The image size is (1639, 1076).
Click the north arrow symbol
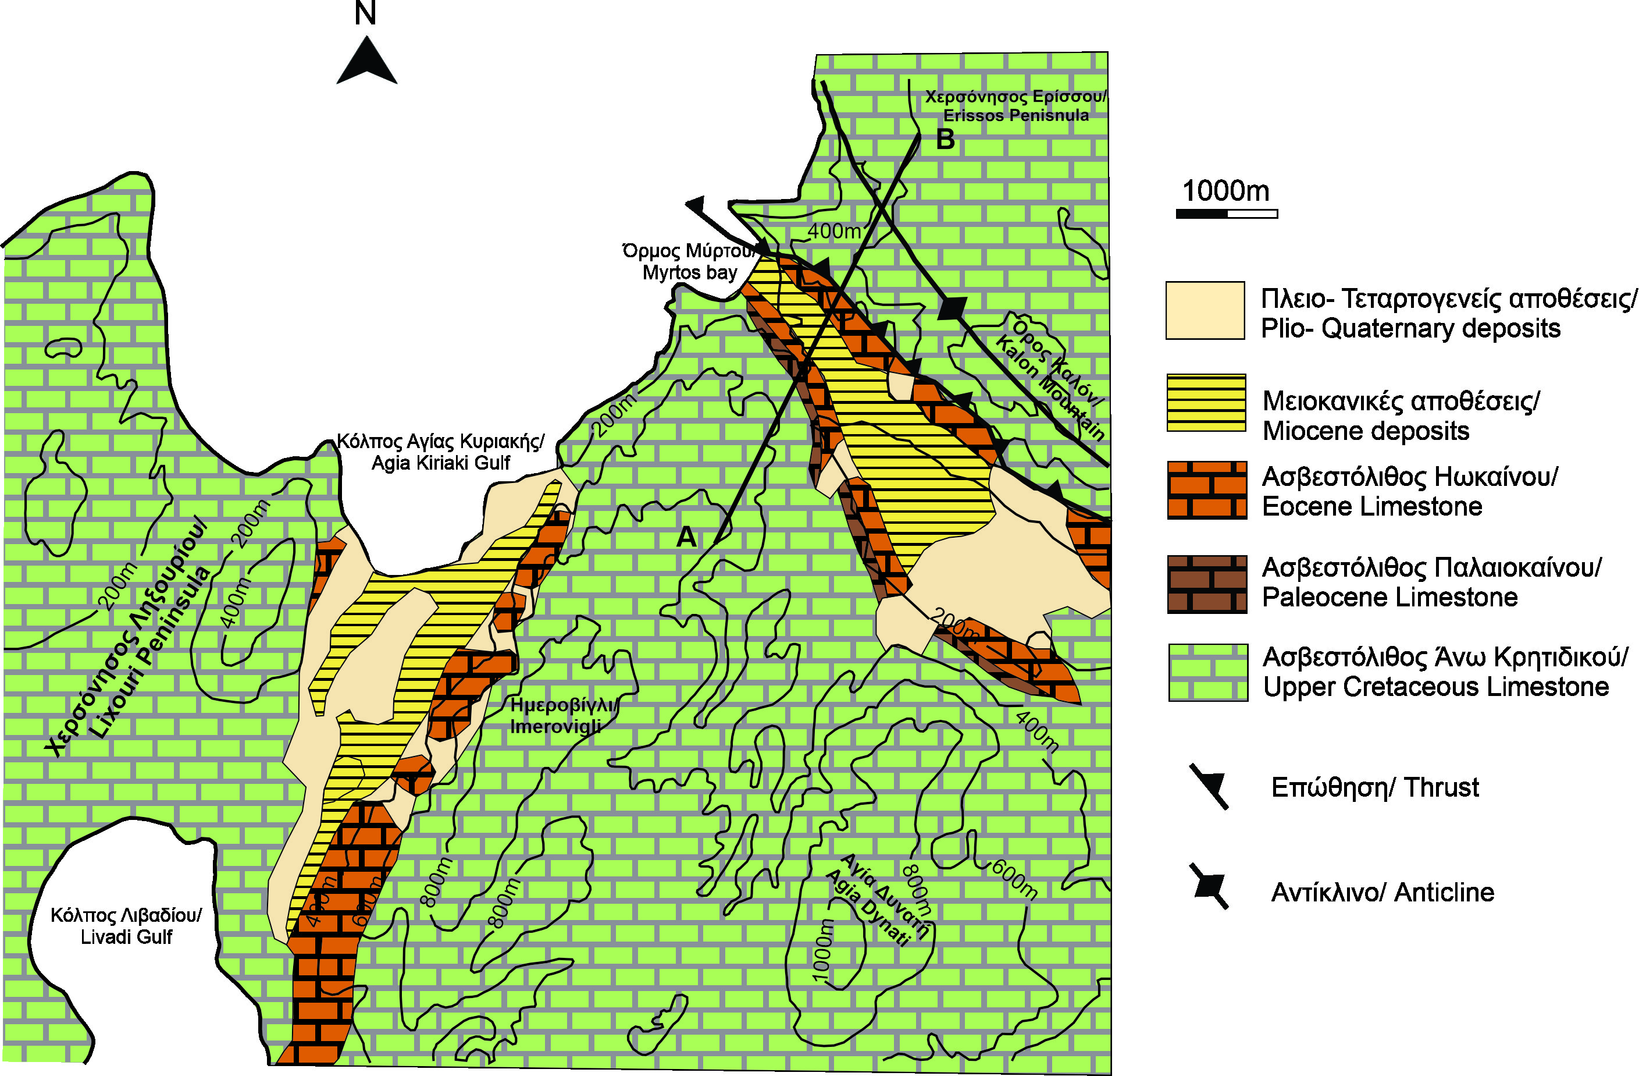366,62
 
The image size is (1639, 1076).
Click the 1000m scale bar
1227,214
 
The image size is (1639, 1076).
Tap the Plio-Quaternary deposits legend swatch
1205,311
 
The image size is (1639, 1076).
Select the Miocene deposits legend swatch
1206,402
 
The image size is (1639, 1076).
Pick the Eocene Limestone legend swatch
1206,490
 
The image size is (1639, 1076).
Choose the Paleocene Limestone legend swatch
1206,584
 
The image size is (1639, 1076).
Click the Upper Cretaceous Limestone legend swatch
1207,672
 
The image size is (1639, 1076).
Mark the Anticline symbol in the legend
1210,886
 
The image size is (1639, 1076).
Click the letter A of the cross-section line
686,537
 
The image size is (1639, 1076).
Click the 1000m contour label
824,950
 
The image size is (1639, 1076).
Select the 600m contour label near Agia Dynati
1014,879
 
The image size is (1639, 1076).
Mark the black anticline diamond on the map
953,307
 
